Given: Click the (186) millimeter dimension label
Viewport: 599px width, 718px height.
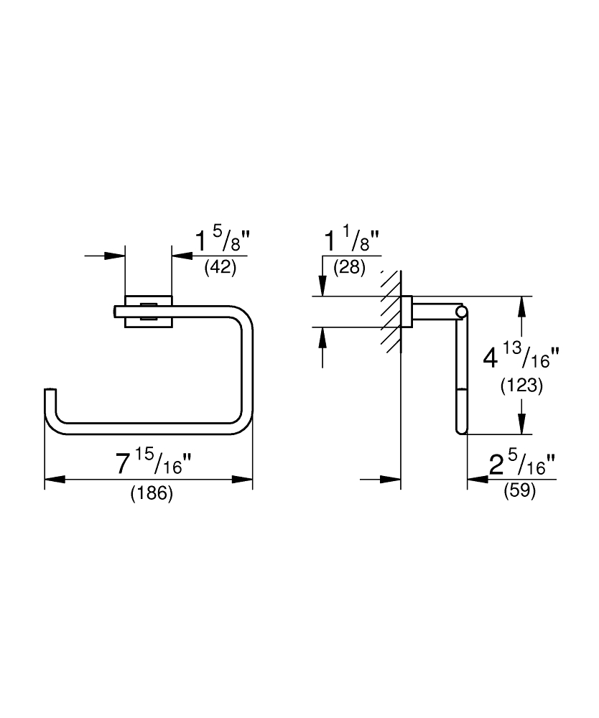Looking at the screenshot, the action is pyautogui.click(x=152, y=494).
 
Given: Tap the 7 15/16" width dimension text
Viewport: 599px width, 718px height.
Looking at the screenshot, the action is pyautogui.click(x=153, y=463).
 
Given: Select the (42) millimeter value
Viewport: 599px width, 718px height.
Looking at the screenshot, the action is pyautogui.click(x=220, y=267).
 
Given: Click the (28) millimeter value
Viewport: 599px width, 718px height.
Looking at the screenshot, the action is pyautogui.click(x=349, y=267).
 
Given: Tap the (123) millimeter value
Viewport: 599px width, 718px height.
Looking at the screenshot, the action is pyautogui.click(x=521, y=386).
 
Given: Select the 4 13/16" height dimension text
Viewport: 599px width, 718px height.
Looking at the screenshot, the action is pyautogui.click(x=521, y=356).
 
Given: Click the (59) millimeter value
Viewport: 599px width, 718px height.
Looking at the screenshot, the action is pyautogui.click(x=520, y=490).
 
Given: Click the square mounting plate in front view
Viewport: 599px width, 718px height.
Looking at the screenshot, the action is pyautogui.click(x=149, y=312).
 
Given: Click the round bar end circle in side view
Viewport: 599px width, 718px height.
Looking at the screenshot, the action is pyautogui.click(x=462, y=312).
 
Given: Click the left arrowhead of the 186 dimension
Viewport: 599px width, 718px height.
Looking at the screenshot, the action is pyautogui.click(x=55, y=480).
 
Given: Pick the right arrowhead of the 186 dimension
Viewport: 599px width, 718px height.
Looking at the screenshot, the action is pyautogui.click(x=242, y=480).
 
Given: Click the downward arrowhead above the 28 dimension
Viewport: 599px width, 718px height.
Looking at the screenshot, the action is pyautogui.click(x=323, y=286).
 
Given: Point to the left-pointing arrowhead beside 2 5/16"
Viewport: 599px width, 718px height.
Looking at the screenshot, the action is pyautogui.click(x=478, y=480).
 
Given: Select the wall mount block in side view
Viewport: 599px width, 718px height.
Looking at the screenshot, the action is pyautogui.click(x=407, y=312).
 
